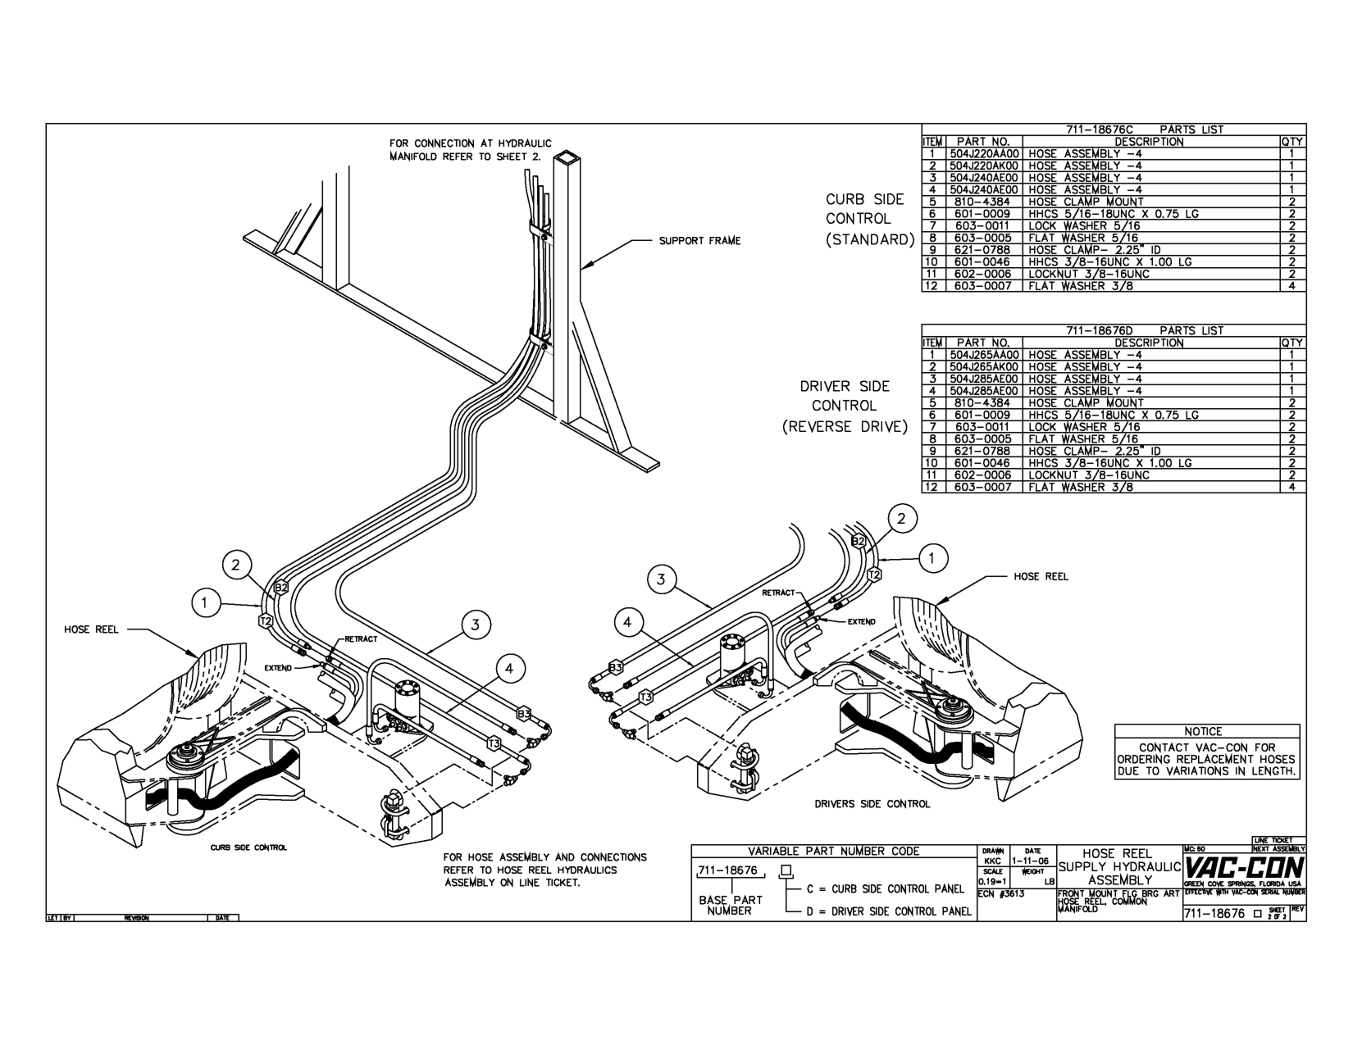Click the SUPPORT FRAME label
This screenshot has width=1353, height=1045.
pos(699,241)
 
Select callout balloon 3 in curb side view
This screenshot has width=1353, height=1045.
pos(476,625)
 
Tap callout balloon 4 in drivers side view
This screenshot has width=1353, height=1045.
pos(627,623)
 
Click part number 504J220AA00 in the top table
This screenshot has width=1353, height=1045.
pos(984,153)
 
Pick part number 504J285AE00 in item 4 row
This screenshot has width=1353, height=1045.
pos(984,391)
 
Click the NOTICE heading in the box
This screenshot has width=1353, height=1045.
pos(1203,731)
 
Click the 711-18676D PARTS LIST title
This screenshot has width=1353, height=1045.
pos(1144,330)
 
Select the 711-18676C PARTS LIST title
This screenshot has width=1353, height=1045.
pos(1144,129)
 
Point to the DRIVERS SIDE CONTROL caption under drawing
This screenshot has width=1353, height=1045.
pos(872,804)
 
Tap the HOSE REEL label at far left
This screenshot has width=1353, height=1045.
pos(91,629)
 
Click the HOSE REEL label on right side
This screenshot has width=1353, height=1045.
pos(1041,576)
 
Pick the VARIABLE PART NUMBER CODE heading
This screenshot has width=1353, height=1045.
pos(833,851)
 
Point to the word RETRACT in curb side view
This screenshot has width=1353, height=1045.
pos(361,638)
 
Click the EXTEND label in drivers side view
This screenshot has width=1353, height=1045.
pos(861,621)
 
